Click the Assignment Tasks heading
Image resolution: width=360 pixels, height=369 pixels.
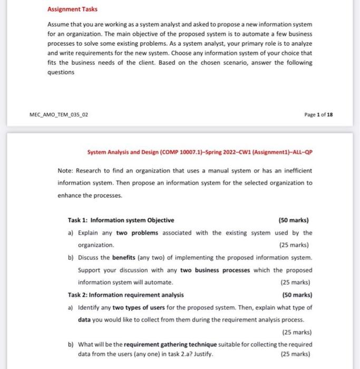click(x=72, y=9)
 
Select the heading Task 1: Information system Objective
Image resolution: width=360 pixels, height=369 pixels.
click(x=121, y=220)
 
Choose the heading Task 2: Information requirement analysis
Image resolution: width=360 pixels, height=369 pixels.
click(x=126, y=295)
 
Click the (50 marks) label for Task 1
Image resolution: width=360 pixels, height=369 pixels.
click(x=293, y=220)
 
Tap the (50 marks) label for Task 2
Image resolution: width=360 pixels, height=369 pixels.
click(x=296, y=295)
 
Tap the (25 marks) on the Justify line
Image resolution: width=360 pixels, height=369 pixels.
click(x=296, y=354)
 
